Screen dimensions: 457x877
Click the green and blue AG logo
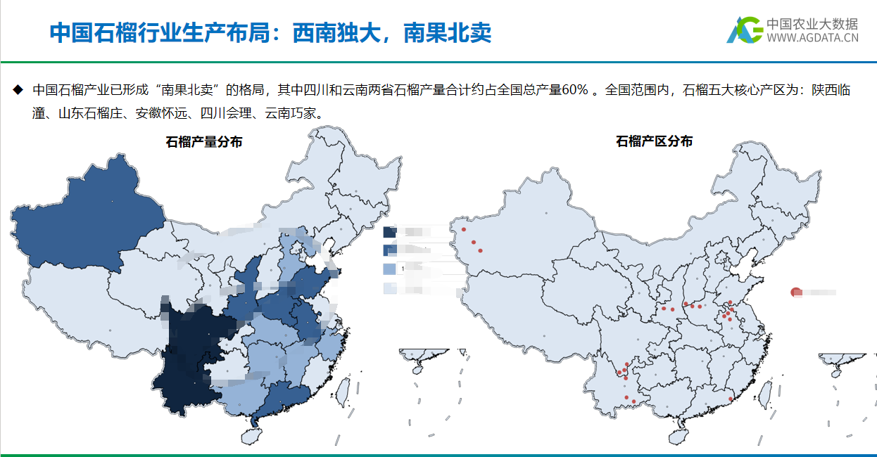click(744, 30)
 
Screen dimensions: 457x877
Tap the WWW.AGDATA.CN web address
click(812, 39)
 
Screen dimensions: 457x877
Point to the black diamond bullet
click(18, 90)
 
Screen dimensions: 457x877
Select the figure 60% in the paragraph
click(575, 90)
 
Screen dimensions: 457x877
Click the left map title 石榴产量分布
click(204, 142)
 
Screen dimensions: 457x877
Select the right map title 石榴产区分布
click(654, 141)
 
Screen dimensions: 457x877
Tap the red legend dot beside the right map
click(795, 292)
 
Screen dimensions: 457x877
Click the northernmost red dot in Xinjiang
click(464, 229)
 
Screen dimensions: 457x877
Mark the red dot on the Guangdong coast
click(731, 399)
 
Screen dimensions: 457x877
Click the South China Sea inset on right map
click(845, 394)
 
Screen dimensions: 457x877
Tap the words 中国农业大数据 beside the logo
click(812, 23)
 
